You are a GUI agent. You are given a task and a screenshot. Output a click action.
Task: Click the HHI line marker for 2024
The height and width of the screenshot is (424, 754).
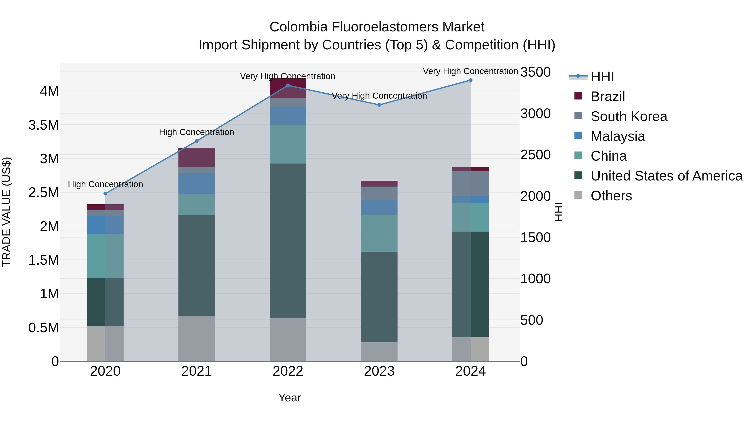(470, 80)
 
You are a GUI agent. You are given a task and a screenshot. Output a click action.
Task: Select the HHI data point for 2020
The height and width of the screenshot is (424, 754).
(105, 193)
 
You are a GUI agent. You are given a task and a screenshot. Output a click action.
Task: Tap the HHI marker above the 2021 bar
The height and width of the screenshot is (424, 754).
(197, 141)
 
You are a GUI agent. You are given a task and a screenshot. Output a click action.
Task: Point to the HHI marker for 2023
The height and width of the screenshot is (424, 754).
(379, 105)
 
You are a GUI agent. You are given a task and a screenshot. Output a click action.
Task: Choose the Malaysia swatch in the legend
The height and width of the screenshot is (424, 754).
(578, 136)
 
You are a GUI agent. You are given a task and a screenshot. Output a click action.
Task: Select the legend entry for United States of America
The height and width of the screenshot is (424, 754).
(666, 176)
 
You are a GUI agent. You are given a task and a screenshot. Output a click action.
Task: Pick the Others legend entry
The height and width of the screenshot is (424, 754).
(611, 196)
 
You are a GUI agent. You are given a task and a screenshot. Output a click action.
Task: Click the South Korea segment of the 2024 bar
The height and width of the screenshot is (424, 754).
(470, 183)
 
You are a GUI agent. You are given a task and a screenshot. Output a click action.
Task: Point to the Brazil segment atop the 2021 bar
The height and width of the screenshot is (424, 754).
(197, 157)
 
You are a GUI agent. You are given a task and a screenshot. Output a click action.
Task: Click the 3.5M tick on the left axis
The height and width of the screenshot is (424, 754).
(44, 125)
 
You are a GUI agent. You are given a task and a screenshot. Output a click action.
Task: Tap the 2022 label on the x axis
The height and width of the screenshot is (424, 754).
(288, 371)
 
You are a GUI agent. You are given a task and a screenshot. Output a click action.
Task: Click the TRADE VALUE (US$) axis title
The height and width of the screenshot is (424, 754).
(6, 212)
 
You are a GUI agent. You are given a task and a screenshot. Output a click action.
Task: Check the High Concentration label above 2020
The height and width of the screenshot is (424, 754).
(105, 184)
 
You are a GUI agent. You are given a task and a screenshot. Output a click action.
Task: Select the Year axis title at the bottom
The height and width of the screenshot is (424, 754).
(289, 398)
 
